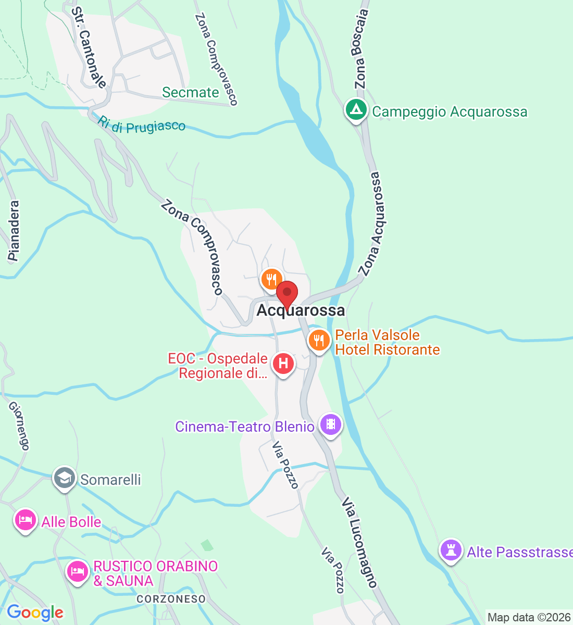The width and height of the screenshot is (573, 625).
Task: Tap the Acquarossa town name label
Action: (301, 310)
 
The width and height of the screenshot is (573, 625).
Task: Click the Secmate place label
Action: (191, 92)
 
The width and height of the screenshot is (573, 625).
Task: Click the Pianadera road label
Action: (14, 231)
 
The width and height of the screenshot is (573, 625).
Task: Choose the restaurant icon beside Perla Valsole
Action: (319, 341)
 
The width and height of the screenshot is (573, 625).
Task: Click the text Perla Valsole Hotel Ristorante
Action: (387, 342)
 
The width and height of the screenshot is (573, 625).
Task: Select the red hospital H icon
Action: (283, 363)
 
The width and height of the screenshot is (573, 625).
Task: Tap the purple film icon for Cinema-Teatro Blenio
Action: (330, 424)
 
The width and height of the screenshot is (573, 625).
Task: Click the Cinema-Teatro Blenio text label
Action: (245, 427)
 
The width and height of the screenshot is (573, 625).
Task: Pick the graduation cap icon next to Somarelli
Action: (65, 478)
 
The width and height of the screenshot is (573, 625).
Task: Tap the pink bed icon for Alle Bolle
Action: (25, 520)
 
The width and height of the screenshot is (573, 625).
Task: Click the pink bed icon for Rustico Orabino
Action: (78, 572)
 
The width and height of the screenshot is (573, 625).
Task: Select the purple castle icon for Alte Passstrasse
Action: (451, 550)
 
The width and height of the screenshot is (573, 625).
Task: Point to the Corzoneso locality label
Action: (171, 599)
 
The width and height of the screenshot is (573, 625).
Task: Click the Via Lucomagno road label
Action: (359, 542)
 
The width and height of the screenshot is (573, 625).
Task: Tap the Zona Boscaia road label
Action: (360, 49)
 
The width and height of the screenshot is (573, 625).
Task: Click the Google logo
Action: (35, 613)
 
